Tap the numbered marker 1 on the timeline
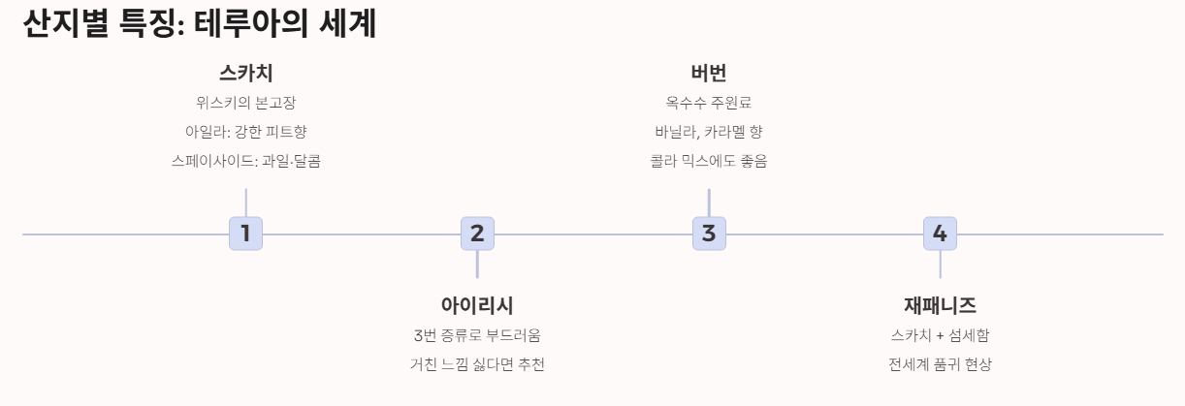pos(245,234)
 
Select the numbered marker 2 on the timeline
pos(477,234)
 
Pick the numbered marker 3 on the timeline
pos(709,234)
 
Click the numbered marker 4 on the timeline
pos(940,234)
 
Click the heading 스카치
pos(245,74)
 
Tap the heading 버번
pos(709,74)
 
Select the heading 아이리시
pos(477,306)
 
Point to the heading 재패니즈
pos(940,306)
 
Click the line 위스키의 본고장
pos(245,103)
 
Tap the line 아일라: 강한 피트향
pos(245,132)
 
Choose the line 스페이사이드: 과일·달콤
pos(245,161)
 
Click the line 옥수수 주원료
pos(709,103)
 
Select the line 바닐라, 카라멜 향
pos(709,132)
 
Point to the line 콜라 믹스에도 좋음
pos(709,161)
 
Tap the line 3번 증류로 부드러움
pos(477,335)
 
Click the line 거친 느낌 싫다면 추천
pos(477,364)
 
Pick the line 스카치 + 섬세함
pos(940,335)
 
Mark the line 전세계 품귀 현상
pos(940,364)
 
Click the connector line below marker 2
pos(477,265)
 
